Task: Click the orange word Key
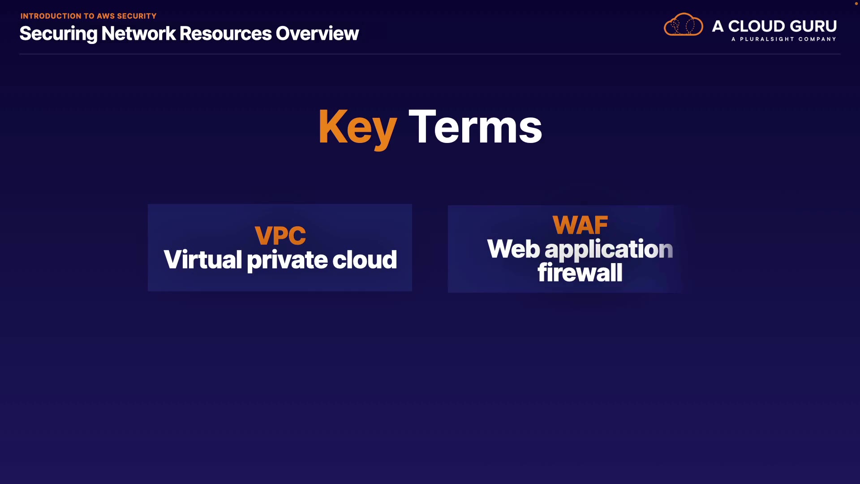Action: (357, 129)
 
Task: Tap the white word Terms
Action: (475, 127)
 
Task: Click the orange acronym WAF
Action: (580, 225)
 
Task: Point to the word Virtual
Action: (203, 259)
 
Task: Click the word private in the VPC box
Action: (288, 260)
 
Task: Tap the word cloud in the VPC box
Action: (365, 259)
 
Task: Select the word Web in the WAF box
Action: (514, 249)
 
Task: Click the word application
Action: (609, 250)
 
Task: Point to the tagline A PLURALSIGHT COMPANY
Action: (784, 39)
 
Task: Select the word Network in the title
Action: (138, 34)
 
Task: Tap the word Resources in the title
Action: (225, 34)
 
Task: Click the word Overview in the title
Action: (317, 34)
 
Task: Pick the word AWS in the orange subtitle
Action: (106, 16)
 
